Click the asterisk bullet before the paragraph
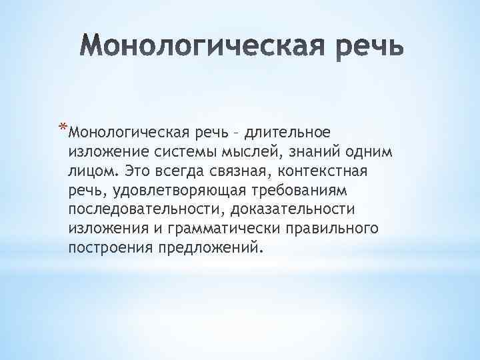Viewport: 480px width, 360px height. click(63, 125)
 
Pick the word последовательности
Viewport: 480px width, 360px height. click(143, 209)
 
